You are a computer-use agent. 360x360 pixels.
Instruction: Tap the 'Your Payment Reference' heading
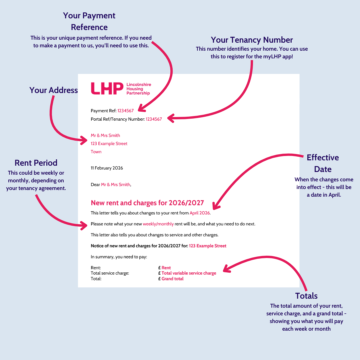[x=89, y=21]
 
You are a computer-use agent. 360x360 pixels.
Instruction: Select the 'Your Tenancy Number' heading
[x=252, y=40]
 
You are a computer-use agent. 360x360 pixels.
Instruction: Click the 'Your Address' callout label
[x=53, y=90]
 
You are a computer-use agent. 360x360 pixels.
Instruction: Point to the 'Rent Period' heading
[x=36, y=163]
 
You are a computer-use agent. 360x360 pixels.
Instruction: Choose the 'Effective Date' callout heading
[x=322, y=163]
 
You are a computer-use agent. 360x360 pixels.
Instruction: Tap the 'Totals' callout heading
[x=306, y=296]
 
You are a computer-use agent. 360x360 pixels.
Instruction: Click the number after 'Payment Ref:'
[x=125, y=111]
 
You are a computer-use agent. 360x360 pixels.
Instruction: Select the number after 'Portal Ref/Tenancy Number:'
[x=154, y=119]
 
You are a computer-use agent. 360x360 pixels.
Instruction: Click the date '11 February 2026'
[x=107, y=168]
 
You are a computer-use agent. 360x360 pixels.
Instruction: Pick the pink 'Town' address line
[x=96, y=152]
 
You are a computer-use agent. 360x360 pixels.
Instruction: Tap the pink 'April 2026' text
[x=200, y=213]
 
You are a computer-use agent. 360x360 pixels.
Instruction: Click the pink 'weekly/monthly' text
[x=158, y=224]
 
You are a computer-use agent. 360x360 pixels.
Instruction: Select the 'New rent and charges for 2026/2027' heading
[x=147, y=203]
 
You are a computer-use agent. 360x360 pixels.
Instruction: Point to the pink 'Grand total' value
[x=172, y=279]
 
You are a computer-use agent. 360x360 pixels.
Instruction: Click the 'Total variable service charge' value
[x=189, y=273]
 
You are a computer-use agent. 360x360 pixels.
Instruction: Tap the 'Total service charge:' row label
[x=110, y=273]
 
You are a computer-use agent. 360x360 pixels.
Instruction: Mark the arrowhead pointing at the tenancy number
[x=170, y=118]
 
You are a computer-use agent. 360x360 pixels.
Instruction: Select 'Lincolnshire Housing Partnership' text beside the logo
[x=138, y=89]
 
